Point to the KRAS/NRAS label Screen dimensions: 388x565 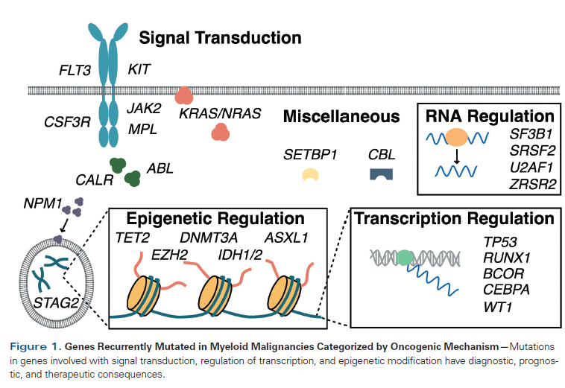219,114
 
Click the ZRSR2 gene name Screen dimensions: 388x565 530,182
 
